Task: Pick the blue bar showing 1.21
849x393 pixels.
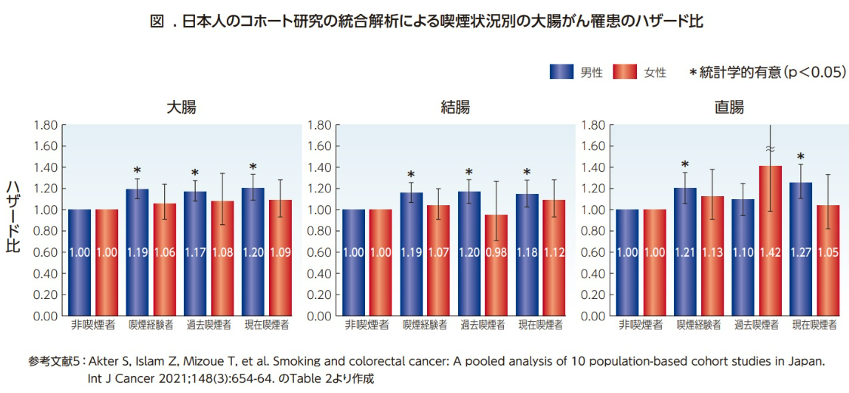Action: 684,252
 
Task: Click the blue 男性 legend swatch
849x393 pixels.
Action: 562,72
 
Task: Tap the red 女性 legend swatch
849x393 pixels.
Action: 626,72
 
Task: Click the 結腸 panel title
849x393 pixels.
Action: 454,108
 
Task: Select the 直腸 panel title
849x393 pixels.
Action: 729,108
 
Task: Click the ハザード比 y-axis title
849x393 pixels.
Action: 13,219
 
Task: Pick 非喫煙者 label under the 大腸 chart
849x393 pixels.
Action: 94,325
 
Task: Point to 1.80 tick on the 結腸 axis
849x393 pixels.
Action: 318,125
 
